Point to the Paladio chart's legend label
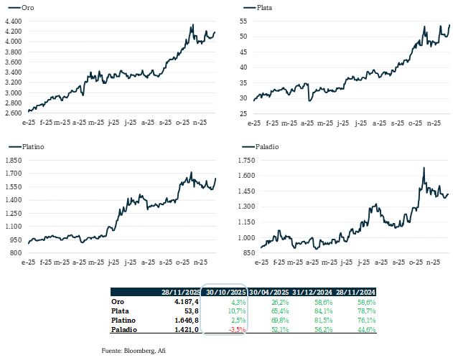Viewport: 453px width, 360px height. (269, 146)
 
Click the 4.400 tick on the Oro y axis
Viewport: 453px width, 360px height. (14, 22)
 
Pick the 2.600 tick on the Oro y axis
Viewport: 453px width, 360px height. (14, 113)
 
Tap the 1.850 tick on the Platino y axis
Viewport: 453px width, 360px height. (14, 161)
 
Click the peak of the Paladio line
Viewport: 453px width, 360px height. (424, 168)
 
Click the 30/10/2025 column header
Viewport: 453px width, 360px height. (225, 293)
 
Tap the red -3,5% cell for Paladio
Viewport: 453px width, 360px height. (236, 330)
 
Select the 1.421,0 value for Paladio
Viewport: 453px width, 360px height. (185, 330)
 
